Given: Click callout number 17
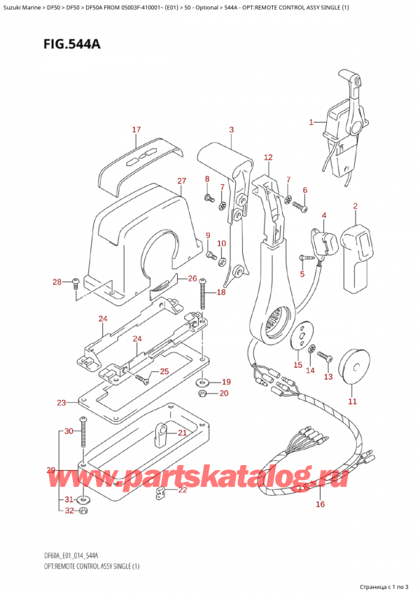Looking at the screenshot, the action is point(136,130).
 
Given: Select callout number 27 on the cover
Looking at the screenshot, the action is point(181,181).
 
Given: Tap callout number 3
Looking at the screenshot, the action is point(231,130).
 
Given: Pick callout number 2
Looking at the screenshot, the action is point(355,206).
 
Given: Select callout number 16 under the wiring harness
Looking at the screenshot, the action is point(321,504).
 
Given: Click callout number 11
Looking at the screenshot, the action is point(352,401).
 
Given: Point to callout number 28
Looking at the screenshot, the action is point(57,282).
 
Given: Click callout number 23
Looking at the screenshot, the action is point(62,403).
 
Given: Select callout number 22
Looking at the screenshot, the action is point(183,490).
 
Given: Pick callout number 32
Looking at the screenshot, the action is point(68,511).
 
